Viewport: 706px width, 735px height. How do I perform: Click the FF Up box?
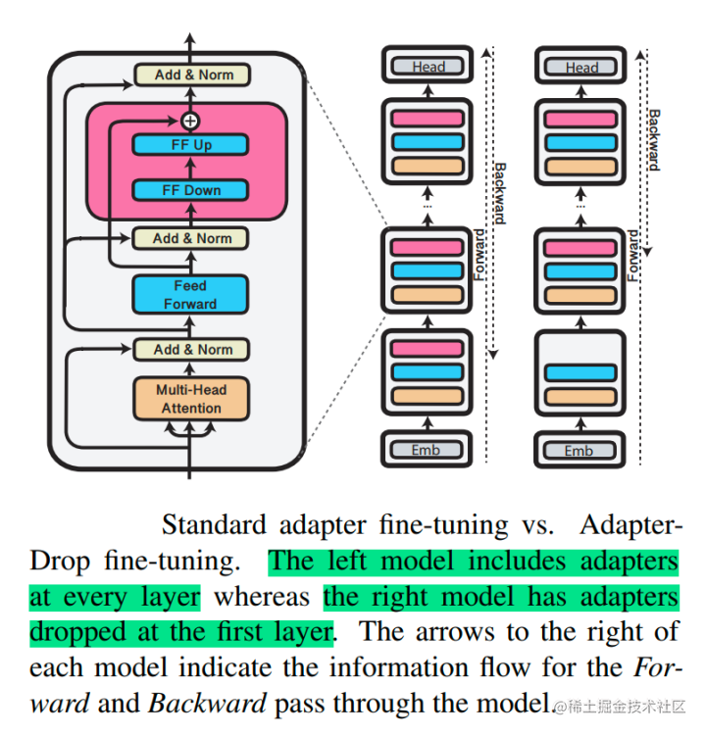190,145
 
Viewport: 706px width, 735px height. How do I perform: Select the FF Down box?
190,190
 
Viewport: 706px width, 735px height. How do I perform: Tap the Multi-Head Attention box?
190,399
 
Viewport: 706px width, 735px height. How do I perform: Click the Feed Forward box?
190,295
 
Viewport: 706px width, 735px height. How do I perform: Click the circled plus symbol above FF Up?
190,121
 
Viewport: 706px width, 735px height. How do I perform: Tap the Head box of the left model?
429,68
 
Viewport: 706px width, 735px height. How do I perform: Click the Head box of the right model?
580,68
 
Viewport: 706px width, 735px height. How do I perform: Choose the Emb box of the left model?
427,451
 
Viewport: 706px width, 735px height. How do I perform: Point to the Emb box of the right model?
579,451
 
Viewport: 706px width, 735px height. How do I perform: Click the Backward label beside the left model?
499,192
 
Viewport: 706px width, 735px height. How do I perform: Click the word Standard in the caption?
214,525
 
